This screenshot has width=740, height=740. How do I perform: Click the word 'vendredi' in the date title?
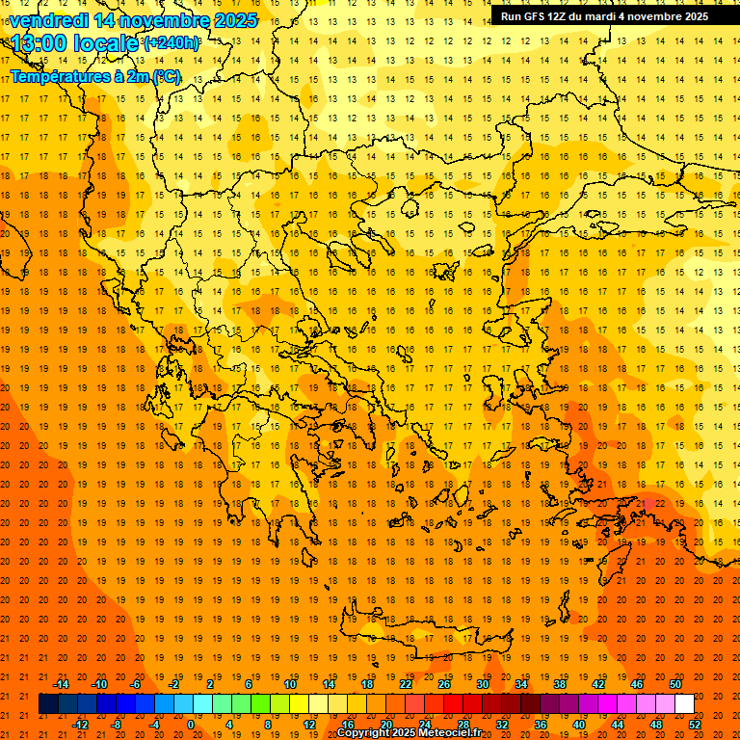48,20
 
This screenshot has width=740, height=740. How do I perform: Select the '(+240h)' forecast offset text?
172,43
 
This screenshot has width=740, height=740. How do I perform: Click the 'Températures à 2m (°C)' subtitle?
94,76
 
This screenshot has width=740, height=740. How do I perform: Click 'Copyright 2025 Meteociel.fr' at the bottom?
409,733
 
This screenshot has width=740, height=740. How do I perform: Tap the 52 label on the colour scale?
695,725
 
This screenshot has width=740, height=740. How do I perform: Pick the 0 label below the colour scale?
191,725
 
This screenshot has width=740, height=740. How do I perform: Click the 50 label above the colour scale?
674,684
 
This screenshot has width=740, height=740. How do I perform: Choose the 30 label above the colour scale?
482,684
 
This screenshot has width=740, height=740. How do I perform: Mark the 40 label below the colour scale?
579,725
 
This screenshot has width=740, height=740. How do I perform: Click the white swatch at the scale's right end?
684,704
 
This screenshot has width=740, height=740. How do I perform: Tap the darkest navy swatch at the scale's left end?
49,704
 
